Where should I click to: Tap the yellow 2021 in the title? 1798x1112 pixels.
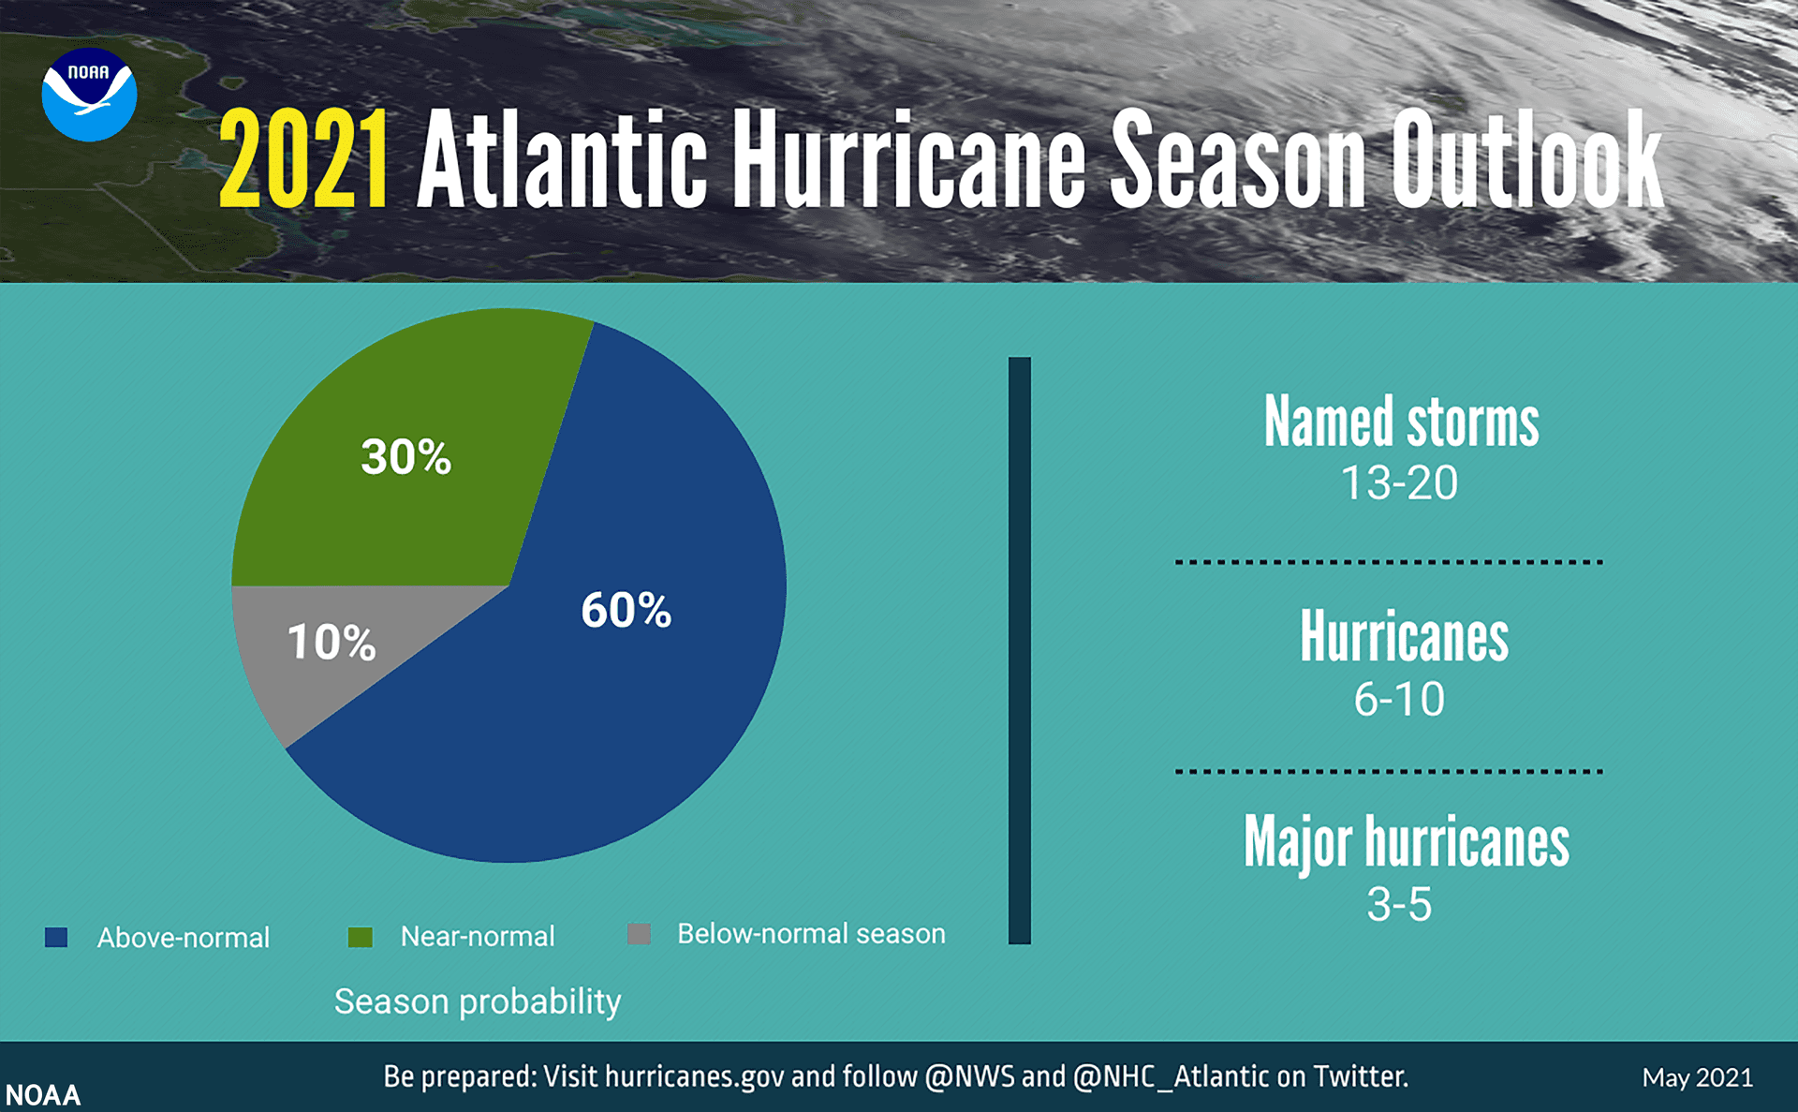pyautogui.click(x=303, y=159)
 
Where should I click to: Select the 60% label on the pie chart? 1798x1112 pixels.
pyautogui.click(x=626, y=610)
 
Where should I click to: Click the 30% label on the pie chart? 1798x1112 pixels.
pyautogui.click(x=405, y=457)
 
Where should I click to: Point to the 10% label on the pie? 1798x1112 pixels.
pyautogui.click(x=331, y=643)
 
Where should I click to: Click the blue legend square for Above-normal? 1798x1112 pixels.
pyautogui.click(x=56, y=937)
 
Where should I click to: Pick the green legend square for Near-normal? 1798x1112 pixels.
pyautogui.click(x=360, y=937)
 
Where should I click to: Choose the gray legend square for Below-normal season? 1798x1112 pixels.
pyautogui.click(x=639, y=934)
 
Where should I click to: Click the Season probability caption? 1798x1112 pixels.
pyautogui.click(x=478, y=1001)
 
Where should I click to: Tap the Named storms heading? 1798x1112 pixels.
pyautogui.click(x=1401, y=423)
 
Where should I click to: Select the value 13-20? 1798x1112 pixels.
pyautogui.click(x=1399, y=483)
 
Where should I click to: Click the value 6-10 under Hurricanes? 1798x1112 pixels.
pyautogui.click(x=1399, y=699)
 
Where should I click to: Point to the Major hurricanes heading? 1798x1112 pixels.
pyautogui.click(x=1406, y=842)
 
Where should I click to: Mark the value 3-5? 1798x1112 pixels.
pyautogui.click(x=1399, y=905)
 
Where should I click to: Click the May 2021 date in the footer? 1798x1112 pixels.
pyautogui.click(x=1697, y=1077)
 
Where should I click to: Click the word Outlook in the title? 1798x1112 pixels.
pyautogui.click(x=1525, y=159)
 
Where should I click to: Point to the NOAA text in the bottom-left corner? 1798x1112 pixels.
pyautogui.click(x=43, y=1095)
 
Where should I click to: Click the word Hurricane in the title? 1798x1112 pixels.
pyautogui.click(x=907, y=159)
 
